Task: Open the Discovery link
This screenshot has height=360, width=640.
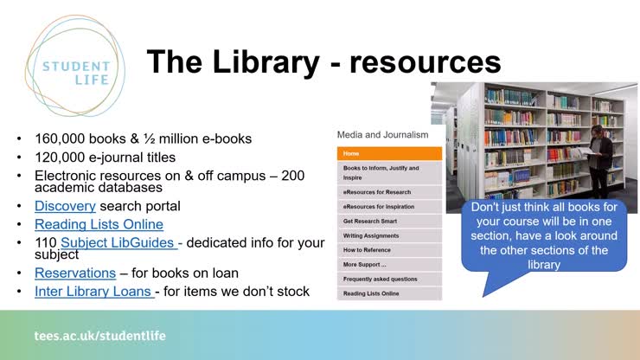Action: [x=65, y=206]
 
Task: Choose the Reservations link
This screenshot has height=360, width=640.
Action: [x=75, y=273]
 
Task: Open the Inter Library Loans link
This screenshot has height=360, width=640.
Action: [x=94, y=291]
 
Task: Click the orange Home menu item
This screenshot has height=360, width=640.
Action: [x=388, y=153]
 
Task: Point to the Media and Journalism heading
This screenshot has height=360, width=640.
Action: [x=382, y=135]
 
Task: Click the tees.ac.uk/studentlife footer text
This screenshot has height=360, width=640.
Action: [x=99, y=335]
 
